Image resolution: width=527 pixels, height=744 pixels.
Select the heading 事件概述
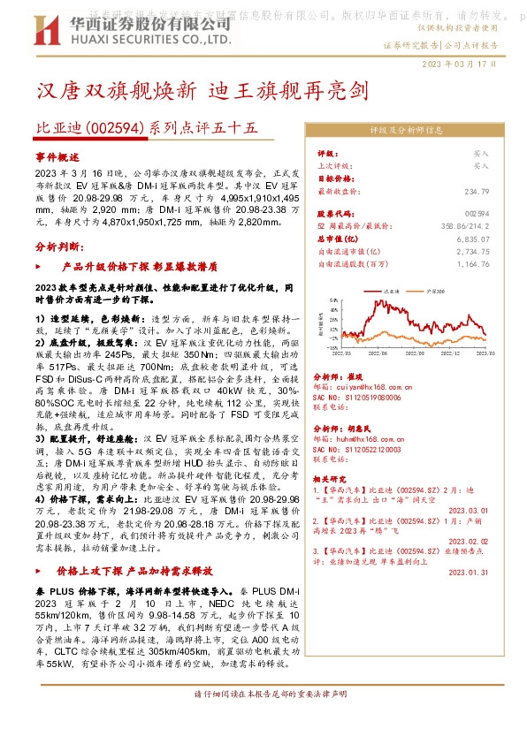pos(57,156)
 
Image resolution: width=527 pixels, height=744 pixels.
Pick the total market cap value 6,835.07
pos(472,239)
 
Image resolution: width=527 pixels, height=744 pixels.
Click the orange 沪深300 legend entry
pos(432,289)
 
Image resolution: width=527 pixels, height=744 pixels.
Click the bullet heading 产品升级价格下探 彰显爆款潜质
pos(129,264)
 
